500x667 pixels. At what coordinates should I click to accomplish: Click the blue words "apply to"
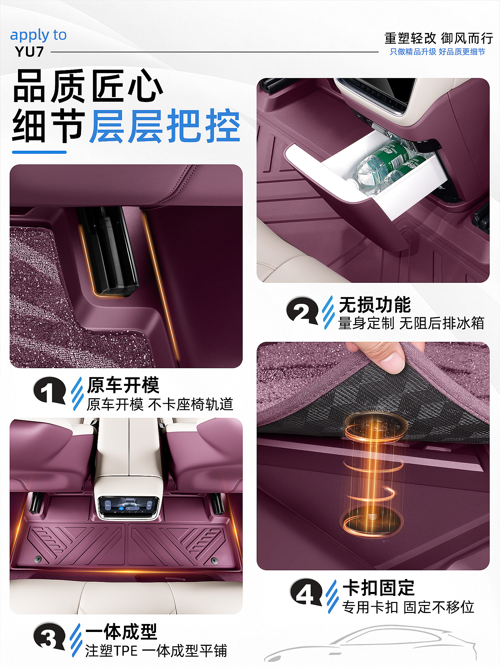pyautogui.click(x=38, y=35)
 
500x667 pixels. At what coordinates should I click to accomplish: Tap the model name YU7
pyautogui.click(x=29, y=52)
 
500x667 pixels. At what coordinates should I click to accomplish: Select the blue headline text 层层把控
pyautogui.click(x=165, y=126)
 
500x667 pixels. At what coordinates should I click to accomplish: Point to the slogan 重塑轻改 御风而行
pyautogui.click(x=438, y=38)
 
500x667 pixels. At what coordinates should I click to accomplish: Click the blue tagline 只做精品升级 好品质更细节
pyautogui.click(x=437, y=52)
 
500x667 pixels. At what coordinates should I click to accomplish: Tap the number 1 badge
pyautogui.click(x=49, y=390)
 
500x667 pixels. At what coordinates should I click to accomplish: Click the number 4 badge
pyautogui.click(x=306, y=592)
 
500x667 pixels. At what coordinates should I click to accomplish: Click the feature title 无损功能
pyautogui.click(x=375, y=304)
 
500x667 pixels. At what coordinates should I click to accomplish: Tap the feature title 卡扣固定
pyautogui.click(x=379, y=588)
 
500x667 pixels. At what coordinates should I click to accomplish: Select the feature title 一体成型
pyautogui.click(x=121, y=631)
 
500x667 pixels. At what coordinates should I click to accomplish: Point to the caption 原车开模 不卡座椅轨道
pyautogui.click(x=160, y=404)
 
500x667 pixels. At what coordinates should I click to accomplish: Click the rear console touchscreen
pyautogui.click(x=128, y=506)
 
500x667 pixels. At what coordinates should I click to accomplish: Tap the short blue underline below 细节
pyautogui.click(x=39, y=152)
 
